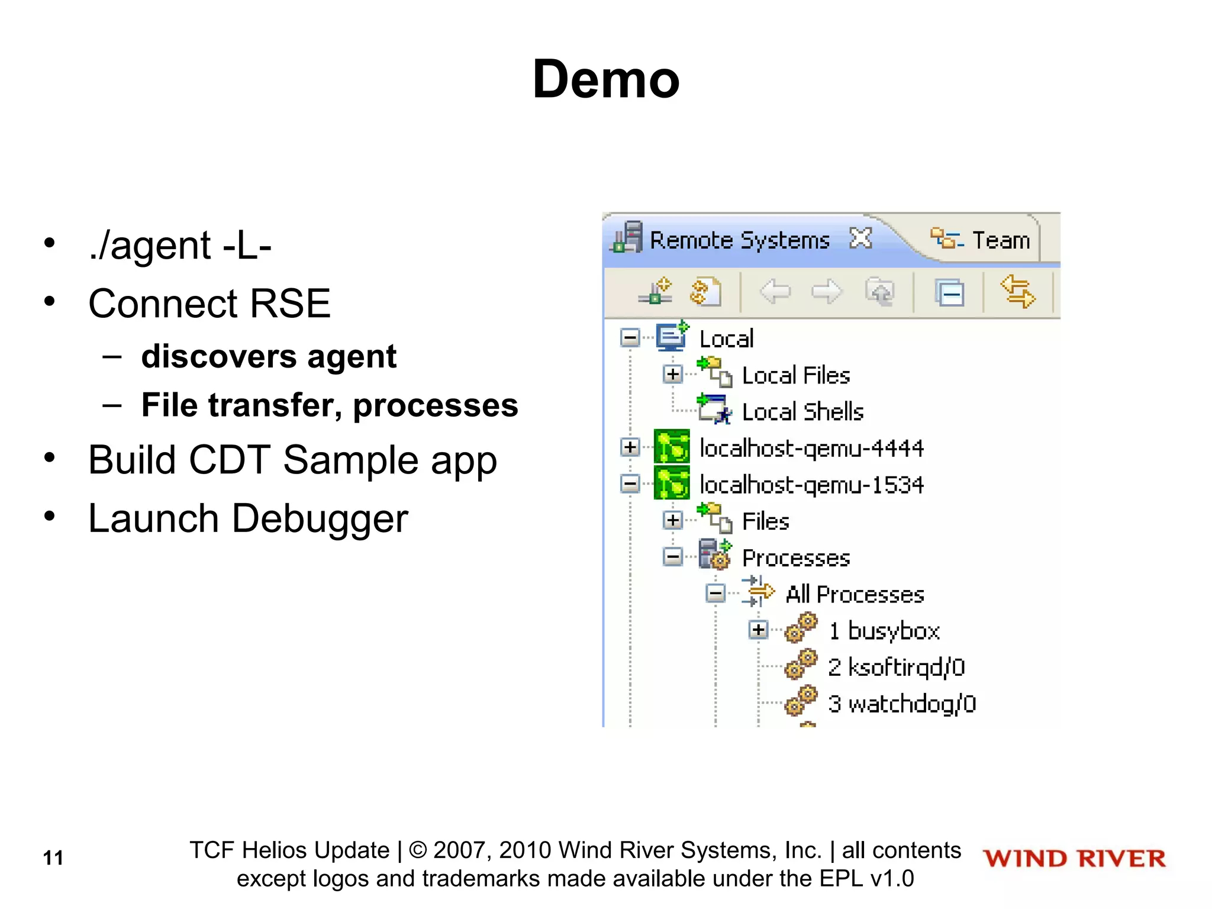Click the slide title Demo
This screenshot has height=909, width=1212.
606,79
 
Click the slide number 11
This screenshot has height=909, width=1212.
53,858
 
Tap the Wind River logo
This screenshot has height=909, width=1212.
1074,859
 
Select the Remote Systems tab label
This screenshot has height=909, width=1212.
740,240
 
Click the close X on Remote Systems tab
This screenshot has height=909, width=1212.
860,238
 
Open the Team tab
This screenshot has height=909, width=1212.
1001,240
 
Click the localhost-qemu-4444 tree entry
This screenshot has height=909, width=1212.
811,449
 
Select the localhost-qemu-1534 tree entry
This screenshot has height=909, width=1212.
811,485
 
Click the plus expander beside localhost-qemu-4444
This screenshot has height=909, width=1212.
630,447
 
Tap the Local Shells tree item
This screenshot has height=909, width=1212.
802,412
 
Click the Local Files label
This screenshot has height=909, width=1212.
796,376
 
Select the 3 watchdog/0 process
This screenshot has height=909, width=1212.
901,704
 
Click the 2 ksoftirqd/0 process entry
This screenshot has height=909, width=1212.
896,668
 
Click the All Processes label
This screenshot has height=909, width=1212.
855,594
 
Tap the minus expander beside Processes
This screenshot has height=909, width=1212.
673,557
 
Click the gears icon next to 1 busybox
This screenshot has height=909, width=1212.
801,628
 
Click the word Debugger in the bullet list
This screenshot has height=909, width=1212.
320,519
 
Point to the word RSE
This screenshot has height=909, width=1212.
290,304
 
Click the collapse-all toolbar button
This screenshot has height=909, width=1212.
950,293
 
